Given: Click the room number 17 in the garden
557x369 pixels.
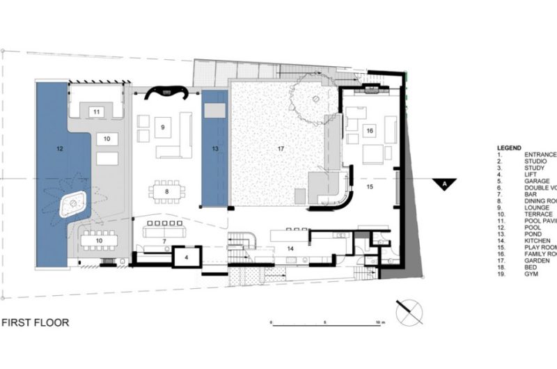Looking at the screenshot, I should coord(281,148).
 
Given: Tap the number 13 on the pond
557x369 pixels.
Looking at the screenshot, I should coord(216,149).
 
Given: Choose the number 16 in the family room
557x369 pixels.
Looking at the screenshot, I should coord(370,130).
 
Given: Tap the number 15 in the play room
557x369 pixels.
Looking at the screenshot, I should coord(370,187).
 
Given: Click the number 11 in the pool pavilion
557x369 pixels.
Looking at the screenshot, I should coord(97,111).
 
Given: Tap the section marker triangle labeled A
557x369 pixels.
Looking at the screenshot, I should coord(443,184).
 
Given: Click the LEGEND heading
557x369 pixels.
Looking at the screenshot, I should coord(509,148).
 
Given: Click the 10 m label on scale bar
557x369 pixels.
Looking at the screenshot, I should coord(378,323).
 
